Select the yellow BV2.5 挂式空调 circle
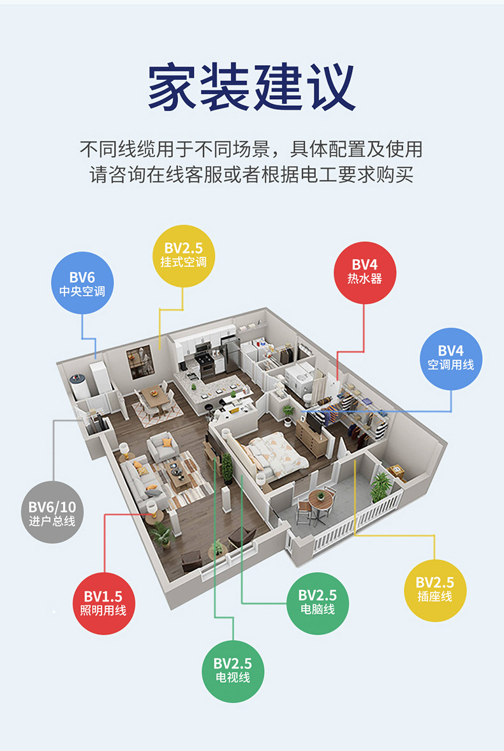(x=183, y=255)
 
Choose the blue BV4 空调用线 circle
(x=450, y=358)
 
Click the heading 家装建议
(x=252, y=86)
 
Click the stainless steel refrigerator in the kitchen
(x=230, y=354)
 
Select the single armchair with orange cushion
(x=163, y=446)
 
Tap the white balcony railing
(x=357, y=522)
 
